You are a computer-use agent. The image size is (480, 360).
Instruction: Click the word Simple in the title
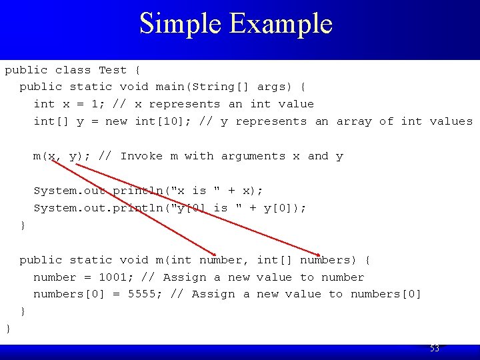pos(181,24)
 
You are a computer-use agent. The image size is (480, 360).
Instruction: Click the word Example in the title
pos(281,24)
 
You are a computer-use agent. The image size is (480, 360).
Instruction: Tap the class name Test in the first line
pos(113,70)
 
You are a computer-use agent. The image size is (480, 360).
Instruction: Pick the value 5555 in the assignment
pos(145,294)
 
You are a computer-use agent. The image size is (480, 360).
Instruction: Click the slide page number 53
pos(435,349)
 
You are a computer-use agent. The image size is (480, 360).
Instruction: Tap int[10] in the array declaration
pos(156,121)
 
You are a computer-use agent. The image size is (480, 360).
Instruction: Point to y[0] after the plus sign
pos(282,208)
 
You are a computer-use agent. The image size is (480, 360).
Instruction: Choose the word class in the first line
pos(73,70)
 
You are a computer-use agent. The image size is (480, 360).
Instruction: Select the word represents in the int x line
pos(185,104)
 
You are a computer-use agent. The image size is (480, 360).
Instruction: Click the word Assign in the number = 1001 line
pos(185,277)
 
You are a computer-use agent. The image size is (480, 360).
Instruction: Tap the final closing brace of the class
pos(8,329)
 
